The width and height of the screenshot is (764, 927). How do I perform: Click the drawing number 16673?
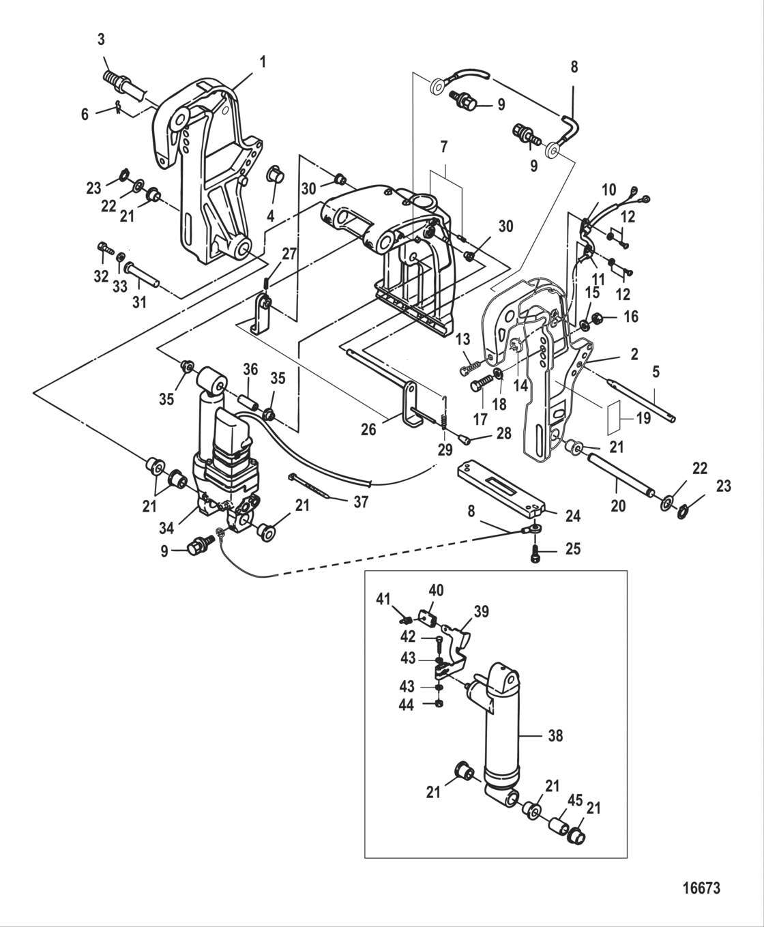[701, 888]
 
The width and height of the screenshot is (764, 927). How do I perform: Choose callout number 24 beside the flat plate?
[573, 517]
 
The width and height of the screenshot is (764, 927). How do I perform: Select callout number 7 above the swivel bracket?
[444, 147]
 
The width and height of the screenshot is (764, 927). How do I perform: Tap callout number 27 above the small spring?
[289, 254]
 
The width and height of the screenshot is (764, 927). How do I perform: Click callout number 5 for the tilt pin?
[656, 373]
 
